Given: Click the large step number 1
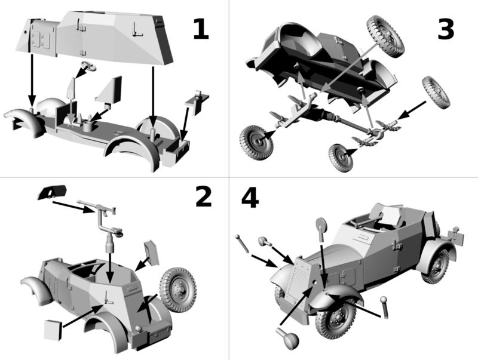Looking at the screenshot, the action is click(201, 29).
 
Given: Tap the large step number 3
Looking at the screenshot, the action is click(446, 29).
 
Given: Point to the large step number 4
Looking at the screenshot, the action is click(250, 198).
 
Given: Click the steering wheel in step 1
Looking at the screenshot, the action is click(88, 66).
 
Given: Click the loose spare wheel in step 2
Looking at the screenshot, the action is click(178, 290).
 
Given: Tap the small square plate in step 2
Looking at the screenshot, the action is click(53, 330).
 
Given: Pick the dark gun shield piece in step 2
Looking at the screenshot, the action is click(52, 192).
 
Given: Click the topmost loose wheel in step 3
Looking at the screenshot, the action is click(385, 36).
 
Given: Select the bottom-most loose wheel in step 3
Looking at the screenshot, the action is click(341, 158).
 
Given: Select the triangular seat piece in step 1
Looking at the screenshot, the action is click(109, 90).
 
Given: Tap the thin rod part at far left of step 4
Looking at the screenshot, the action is click(243, 244).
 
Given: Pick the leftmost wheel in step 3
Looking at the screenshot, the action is click(256, 142).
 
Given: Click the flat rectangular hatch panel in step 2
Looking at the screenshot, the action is click(152, 253).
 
